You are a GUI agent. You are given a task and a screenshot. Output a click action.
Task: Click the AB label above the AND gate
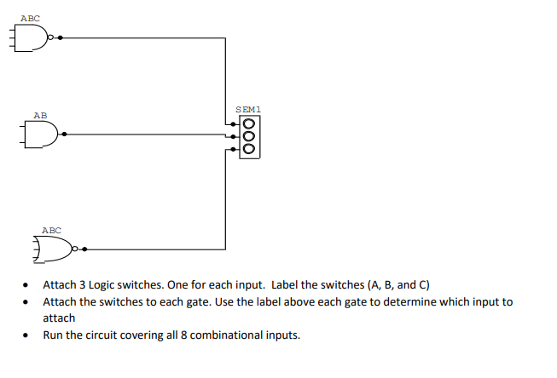coord(40,114)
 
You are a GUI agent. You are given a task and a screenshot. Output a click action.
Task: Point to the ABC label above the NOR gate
coord(51,230)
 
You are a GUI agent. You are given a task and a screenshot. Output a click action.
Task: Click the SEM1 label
coord(247,109)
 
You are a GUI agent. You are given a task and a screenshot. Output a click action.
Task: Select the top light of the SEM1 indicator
coord(249,124)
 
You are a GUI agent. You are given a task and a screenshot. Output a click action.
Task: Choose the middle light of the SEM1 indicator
coord(249,135)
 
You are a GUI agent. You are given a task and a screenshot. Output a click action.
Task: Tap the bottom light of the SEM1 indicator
coord(249,146)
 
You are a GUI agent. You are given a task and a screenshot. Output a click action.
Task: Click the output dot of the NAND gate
coord(61,37)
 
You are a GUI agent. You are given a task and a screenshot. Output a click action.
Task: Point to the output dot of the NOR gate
coord(86,249)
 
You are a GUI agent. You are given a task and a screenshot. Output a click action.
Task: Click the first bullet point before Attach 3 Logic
coord(29,286)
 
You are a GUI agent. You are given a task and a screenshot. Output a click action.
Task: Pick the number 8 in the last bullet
coord(181,335)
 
